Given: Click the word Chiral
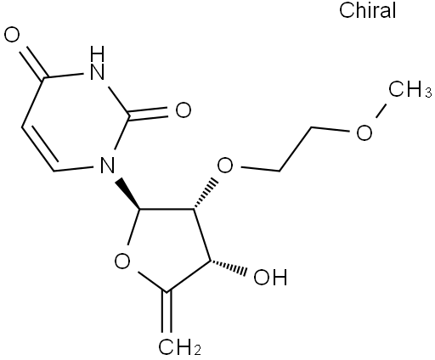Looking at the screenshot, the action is point(367,10).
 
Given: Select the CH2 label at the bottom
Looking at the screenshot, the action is point(180,346).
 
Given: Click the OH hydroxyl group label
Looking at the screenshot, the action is point(270,277).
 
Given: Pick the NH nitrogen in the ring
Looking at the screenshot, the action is point(97,64).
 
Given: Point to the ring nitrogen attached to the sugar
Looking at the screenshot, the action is point(108,165).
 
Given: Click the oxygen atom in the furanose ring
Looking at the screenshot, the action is point(122,261).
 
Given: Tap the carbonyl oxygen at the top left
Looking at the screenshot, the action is point(12,35).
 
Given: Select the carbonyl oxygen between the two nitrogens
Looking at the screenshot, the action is point(184,110).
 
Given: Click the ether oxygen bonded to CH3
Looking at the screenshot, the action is point(364,132).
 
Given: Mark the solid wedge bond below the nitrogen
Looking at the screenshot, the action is point(128,194).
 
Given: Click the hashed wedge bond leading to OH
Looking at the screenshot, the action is point(228,266).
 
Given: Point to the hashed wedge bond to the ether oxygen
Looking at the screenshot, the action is point(205,194).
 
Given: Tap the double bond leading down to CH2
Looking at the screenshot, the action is point(167,312).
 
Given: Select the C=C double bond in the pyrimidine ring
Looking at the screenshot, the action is point(40,147).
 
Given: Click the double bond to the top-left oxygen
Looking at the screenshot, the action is point(33,62).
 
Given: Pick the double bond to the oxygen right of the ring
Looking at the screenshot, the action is point(149,114).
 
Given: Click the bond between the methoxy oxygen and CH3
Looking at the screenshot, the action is point(381,110).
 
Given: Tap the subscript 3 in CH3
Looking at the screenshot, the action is point(428,93).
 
